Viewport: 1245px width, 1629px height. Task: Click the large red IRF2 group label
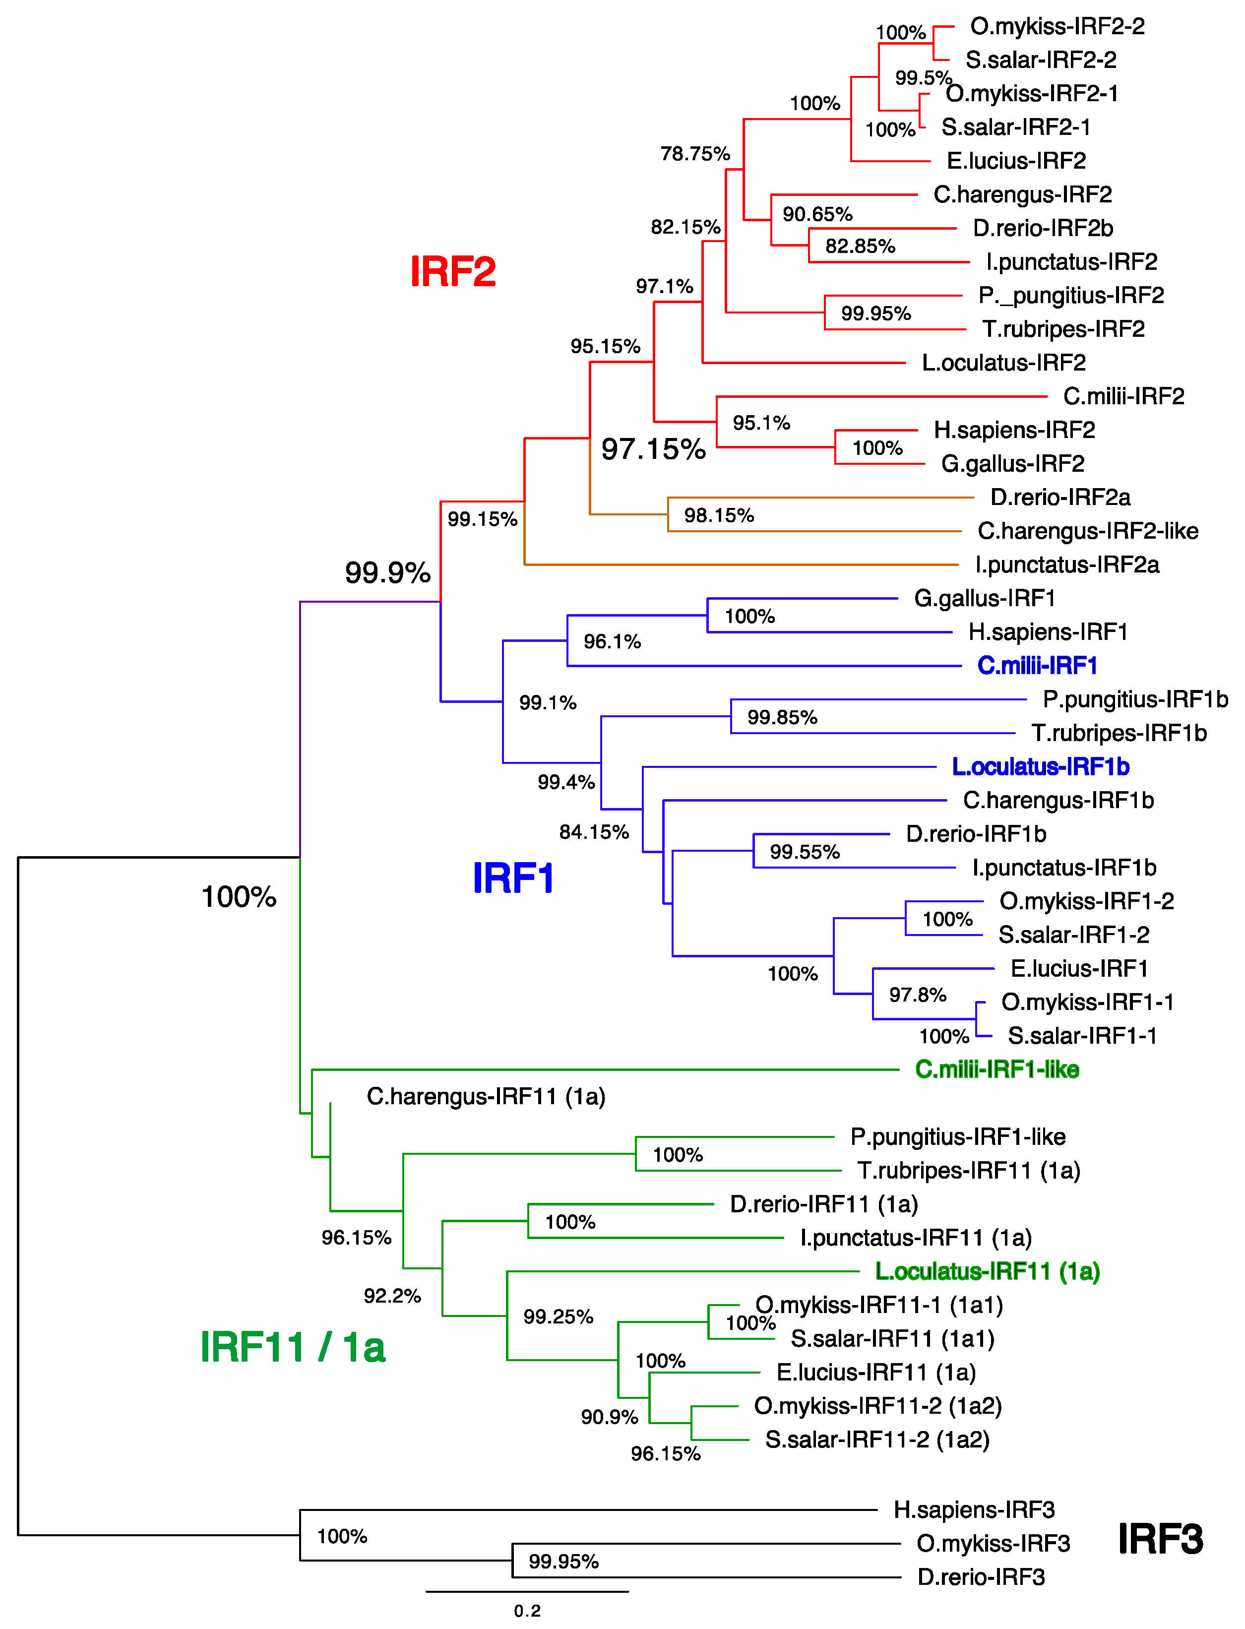coord(453,271)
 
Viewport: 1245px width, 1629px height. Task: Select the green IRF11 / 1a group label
coord(293,1347)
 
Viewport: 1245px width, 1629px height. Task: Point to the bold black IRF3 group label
coord(1160,1539)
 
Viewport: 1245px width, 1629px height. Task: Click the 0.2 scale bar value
coord(527,1611)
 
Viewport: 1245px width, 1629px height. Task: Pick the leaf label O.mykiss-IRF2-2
coord(1057,27)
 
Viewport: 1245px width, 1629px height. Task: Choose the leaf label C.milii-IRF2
coord(1123,396)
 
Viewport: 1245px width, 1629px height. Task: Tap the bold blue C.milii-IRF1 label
coord(1037,666)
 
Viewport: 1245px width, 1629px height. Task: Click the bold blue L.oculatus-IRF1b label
coord(1041,766)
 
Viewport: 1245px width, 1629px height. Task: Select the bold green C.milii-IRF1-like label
coord(996,1069)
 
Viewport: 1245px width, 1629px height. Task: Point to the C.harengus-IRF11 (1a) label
coord(486,1096)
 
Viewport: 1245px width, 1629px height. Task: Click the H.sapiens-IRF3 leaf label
coord(974,1509)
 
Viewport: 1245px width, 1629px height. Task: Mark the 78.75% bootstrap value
coord(695,154)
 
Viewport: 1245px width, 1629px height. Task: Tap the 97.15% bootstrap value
coord(653,449)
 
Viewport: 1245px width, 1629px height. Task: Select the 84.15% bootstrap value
coord(594,832)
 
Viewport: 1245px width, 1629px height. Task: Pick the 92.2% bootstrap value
coord(392,1296)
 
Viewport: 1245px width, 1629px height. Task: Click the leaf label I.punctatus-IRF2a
coord(1067,564)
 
